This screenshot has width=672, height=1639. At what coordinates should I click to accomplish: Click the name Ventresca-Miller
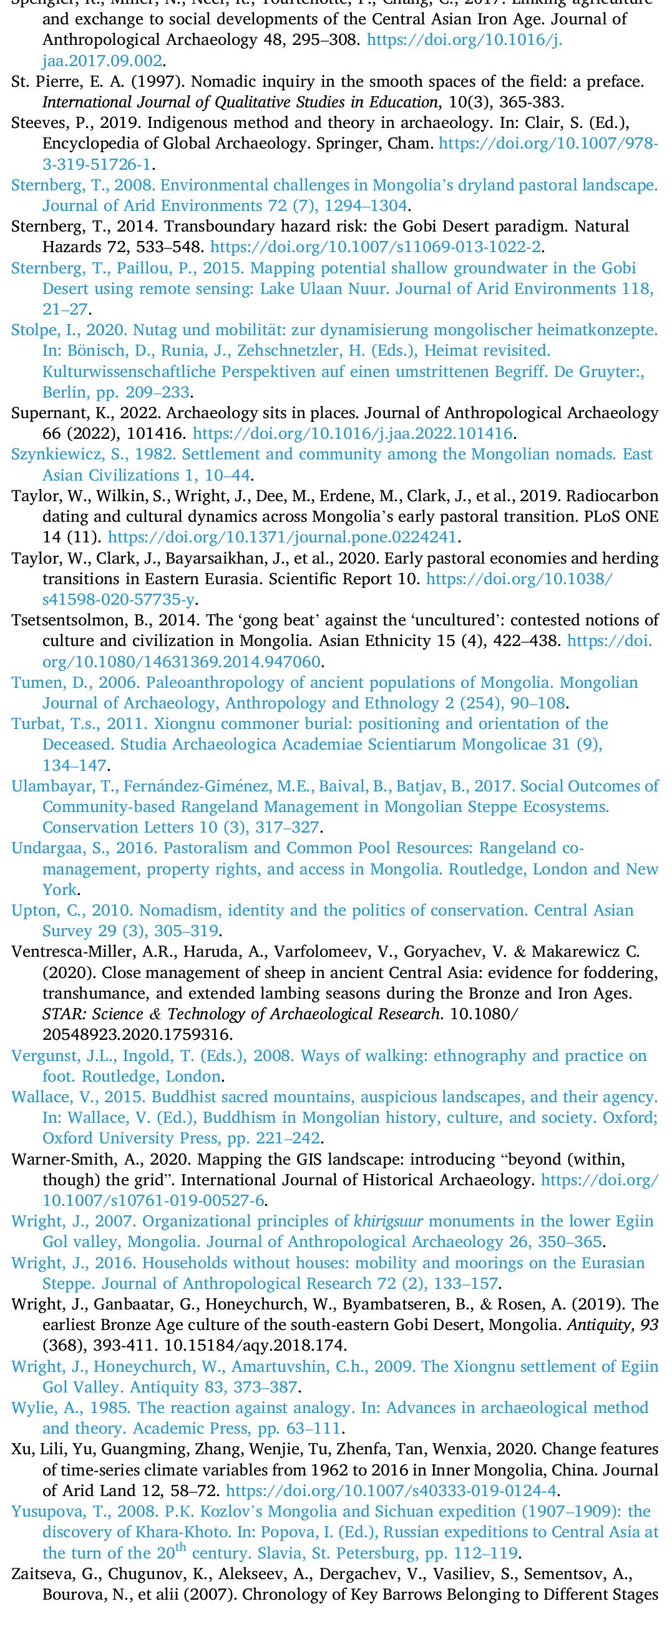67,952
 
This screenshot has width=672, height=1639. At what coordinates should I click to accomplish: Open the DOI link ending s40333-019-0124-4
391,1490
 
